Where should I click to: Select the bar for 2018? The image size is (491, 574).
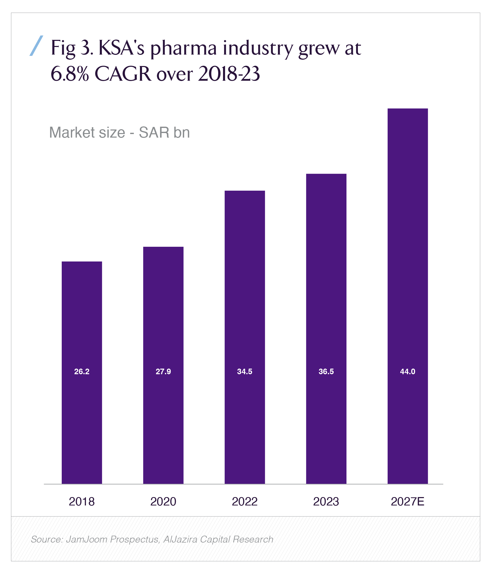click(x=82, y=319)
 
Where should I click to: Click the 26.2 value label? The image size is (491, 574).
click(x=82, y=371)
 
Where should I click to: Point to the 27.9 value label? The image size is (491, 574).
click(x=163, y=371)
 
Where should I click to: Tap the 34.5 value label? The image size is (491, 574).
click(x=245, y=371)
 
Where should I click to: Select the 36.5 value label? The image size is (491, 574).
click(x=326, y=371)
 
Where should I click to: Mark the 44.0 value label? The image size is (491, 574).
click(x=407, y=371)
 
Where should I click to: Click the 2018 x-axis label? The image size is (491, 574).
click(x=82, y=502)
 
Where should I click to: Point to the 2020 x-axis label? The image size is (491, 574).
click(x=163, y=502)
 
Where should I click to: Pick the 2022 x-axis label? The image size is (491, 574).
click(x=245, y=502)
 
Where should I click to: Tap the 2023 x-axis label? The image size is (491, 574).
click(x=326, y=502)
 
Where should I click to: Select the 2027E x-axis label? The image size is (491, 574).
click(x=407, y=502)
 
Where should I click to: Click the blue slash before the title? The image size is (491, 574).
click(x=36, y=46)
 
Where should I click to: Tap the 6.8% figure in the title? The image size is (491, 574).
click(x=70, y=74)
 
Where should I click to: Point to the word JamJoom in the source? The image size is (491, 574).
click(x=87, y=539)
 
